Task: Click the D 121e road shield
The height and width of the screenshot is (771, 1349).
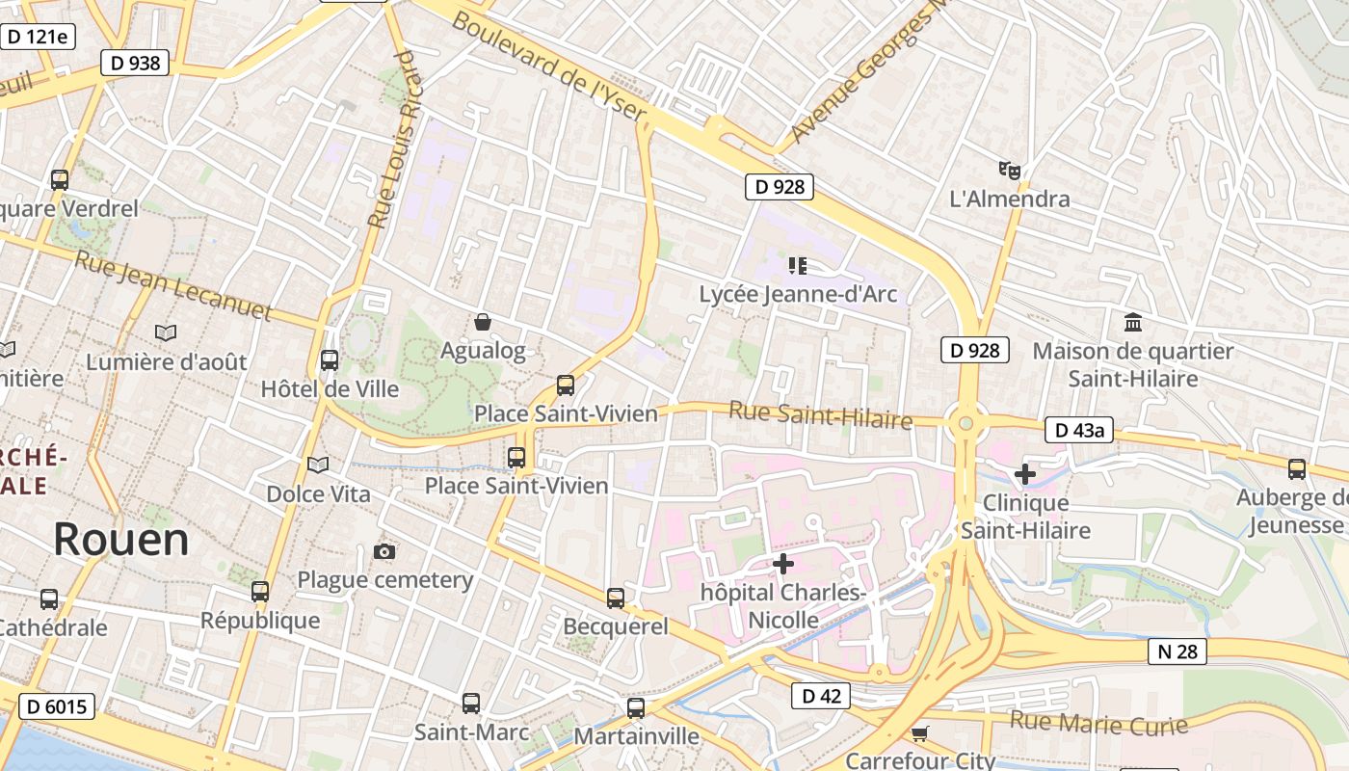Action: [38, 37]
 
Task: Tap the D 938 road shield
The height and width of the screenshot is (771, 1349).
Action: [135, 64]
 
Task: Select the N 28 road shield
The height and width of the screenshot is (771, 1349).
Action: [1177, 651]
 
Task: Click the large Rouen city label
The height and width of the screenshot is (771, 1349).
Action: [121, 540]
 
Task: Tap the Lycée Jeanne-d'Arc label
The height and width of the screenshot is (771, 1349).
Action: [797, 294]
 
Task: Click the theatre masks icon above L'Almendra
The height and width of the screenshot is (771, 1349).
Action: [1009, 171]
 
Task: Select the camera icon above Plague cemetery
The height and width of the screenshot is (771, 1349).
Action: [384, 551]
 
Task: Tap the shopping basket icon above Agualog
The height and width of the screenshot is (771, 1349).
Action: [483, 322]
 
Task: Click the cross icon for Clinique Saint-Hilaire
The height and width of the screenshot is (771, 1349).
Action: [1025, 473]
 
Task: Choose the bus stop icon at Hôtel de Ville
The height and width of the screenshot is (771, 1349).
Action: [330, 360]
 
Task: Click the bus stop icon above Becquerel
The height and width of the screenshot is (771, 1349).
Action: [616, 598]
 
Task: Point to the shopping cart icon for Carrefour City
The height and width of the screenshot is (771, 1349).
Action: [920, 733]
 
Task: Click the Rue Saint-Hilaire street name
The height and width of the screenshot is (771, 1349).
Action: [820, 415]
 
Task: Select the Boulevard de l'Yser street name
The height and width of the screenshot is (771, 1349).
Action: [548, 67]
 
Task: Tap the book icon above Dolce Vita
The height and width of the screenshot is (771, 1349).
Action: [318, 465]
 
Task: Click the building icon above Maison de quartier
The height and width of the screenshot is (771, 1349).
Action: [1133, 322]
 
